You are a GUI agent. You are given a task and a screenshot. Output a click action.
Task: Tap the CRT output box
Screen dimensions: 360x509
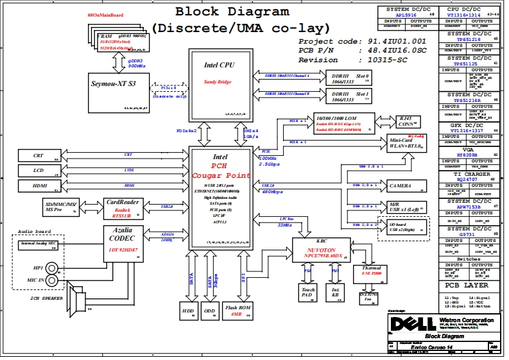click(38, 155)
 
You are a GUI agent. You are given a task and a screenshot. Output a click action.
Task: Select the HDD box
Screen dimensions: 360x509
click(188, 311)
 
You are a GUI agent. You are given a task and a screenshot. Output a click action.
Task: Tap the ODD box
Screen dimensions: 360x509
click(210, 311)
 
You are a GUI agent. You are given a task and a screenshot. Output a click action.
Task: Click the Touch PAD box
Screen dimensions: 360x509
click(308, 293)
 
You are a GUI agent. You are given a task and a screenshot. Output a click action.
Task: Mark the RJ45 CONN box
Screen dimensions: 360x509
click(406, 121)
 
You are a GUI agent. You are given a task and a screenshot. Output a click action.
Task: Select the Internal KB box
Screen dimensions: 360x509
click(335, 293)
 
